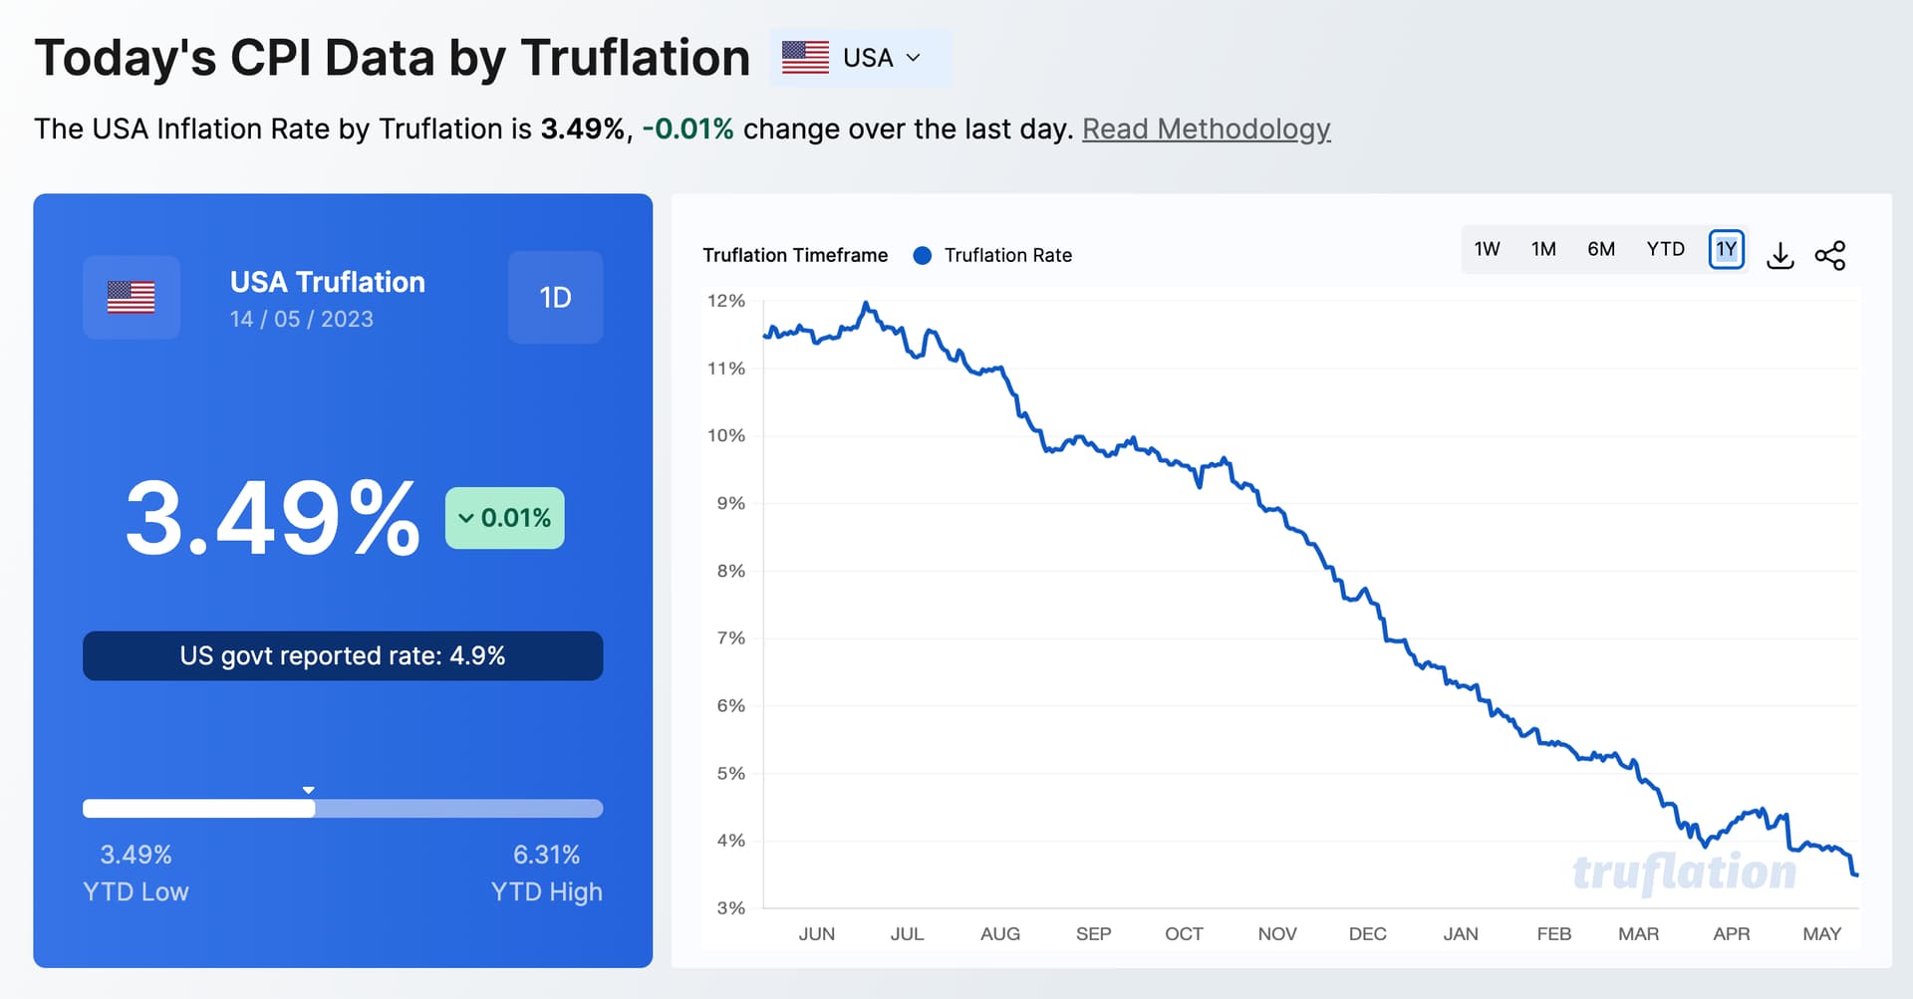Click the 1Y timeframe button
coord(1727,249)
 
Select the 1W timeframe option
coord(1487,249)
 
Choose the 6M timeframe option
coord(1601,249)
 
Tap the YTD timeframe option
coord(1665,249)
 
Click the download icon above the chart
coord(1780,256)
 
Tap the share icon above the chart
coord(1830,256)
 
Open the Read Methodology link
coord(1206,129)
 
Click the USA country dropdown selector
coord(860,58)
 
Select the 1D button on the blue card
coord(555,298)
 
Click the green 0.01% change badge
coord(505,518)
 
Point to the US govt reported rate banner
coord(343,656)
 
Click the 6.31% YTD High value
coord(546,855)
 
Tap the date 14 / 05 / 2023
coord(302,320)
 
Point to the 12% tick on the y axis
coord(726,301)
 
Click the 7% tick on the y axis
coord(730,638)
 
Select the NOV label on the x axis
coord(1276,934)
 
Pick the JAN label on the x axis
coord(1461,934)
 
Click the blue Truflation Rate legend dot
coord(923,256)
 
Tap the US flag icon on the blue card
coord(132,298)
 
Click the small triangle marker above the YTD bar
coord(309,790)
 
